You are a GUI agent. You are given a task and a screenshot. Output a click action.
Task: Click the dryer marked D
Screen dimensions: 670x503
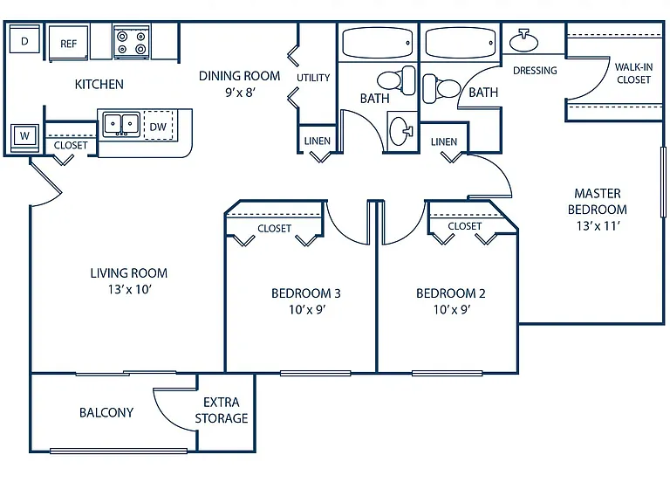pos(24,40)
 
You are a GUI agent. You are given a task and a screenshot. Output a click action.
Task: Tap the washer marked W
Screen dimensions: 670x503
pos(24,137)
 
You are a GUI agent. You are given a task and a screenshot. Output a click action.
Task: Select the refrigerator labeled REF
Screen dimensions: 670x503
pos(68,44)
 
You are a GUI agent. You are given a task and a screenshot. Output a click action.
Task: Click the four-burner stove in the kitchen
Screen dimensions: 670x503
pos(132,42)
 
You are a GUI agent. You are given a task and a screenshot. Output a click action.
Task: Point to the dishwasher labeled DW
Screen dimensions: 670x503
pos(158,126)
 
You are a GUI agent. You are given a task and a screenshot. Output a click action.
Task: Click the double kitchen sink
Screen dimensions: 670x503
pos(121,124)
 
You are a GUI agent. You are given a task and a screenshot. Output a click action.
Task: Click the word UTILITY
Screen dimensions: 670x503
pos(313,78)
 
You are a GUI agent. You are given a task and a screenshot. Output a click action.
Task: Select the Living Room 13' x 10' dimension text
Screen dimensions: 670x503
pos(130,290)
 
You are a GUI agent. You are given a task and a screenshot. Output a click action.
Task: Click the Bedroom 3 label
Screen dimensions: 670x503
pos(306,293)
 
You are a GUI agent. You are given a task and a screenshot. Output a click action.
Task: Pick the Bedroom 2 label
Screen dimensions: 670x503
pos(451,293)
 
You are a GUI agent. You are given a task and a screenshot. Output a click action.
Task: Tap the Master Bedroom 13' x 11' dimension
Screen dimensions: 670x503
pos(598,226)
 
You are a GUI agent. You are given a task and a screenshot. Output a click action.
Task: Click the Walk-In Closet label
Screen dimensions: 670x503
pos(633,73)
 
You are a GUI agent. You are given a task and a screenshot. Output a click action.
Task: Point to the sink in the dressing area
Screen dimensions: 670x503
pos(523,41)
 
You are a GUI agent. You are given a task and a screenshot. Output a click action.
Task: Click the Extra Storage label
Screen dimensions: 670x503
pos(222,410)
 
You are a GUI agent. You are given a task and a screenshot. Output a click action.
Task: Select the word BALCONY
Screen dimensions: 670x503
pos(106,412)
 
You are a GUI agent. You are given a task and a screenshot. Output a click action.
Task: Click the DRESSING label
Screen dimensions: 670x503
pos(535,70)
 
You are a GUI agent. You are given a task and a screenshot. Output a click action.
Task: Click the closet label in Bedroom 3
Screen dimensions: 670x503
pos(274,229)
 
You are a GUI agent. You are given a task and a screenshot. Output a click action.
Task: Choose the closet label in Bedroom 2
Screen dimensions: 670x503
pos(464,226)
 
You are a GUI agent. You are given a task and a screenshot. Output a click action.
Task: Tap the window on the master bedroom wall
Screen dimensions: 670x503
pos(663,183)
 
